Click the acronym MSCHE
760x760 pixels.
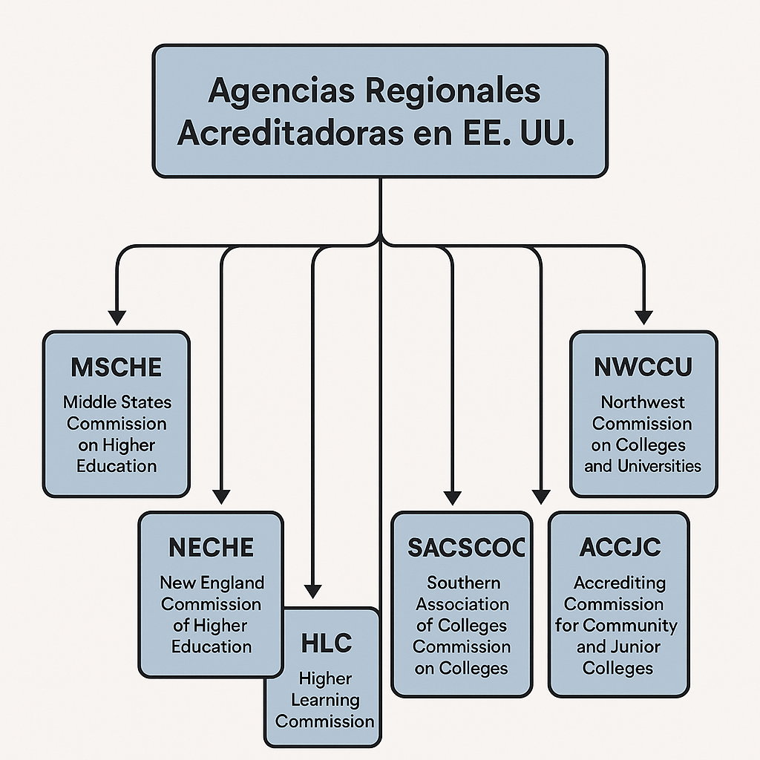tap(116, 367)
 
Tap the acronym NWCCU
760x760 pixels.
tap(643, 367)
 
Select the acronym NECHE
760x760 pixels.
tap(211, 548)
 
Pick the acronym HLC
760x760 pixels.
tap(326, 643)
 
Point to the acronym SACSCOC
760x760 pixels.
tap(466, 548)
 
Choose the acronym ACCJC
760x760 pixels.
tap(619, 548)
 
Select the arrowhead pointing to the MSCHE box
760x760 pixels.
tap(117, 315)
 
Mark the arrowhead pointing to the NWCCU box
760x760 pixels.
tap(643, 315)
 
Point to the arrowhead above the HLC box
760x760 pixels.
tap(313, 592)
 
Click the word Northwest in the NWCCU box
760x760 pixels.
tap(643, 402)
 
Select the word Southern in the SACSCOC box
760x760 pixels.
tap(463, 583)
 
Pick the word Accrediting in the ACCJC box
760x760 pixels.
tap(619, 583)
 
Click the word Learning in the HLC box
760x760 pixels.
tap(325, 699)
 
